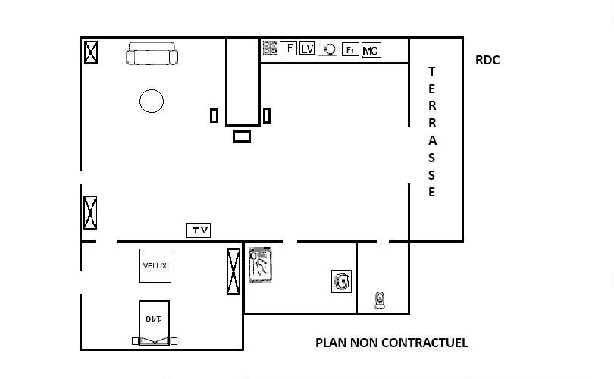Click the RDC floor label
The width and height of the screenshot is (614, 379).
click(x=487, y=61)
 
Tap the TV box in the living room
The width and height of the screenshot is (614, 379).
click(x=199, y=230)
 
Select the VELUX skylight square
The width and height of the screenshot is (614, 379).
click(x=155, y=265)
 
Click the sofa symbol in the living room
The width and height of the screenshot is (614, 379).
click(x=152, y=54)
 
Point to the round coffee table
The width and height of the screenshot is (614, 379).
click(x=152, y=101)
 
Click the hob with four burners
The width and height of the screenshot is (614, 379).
click(x=270, y=48)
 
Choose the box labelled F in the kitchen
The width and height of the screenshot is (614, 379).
click(x=289, y=49)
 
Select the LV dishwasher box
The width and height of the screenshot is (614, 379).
click(x=308, y=49)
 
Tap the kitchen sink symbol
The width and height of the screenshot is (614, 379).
click(x=327, y=49)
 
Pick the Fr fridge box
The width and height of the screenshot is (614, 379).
click(x=350, y=50)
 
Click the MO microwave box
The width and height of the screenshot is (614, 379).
click(x=371, y=51)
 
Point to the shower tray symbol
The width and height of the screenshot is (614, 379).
click(x=261, y=265)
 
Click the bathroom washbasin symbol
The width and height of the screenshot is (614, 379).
click(x=341, y=281)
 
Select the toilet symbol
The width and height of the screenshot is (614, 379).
click(x=380, y=300)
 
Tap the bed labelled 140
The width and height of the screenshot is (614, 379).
click(x=155, y=323)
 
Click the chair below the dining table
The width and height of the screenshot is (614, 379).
click(x=242, y=136)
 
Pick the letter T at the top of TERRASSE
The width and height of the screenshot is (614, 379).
click(x=431, y=72)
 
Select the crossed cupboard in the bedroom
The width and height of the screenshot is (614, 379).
click(x=233, y=271)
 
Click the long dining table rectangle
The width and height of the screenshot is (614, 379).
click(x=243, y=82)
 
